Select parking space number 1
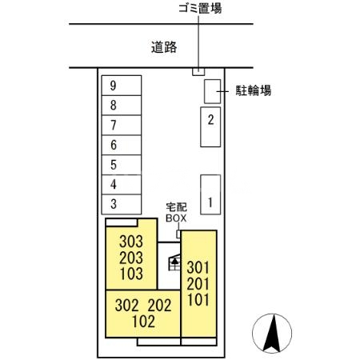[x=210, y=194]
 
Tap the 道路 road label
[x=163, y=46]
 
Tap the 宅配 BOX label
[x=176, y=211]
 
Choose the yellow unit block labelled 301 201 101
[x=198, y=284]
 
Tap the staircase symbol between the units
[x=173, y=261]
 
